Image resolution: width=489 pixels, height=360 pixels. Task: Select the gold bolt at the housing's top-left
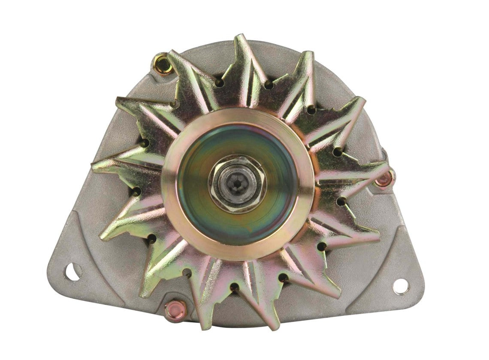click(x=163, y=64)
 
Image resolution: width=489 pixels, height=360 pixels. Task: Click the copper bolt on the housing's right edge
click(x=385, y=179)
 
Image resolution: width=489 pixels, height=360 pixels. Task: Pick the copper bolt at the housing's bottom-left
click(x=175, y=309)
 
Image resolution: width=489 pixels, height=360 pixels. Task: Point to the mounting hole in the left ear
click(x=72, y=271)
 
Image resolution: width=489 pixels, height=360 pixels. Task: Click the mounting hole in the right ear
click(x=401, y=286)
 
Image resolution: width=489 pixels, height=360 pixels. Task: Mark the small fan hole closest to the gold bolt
click(x=219, y=82)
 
